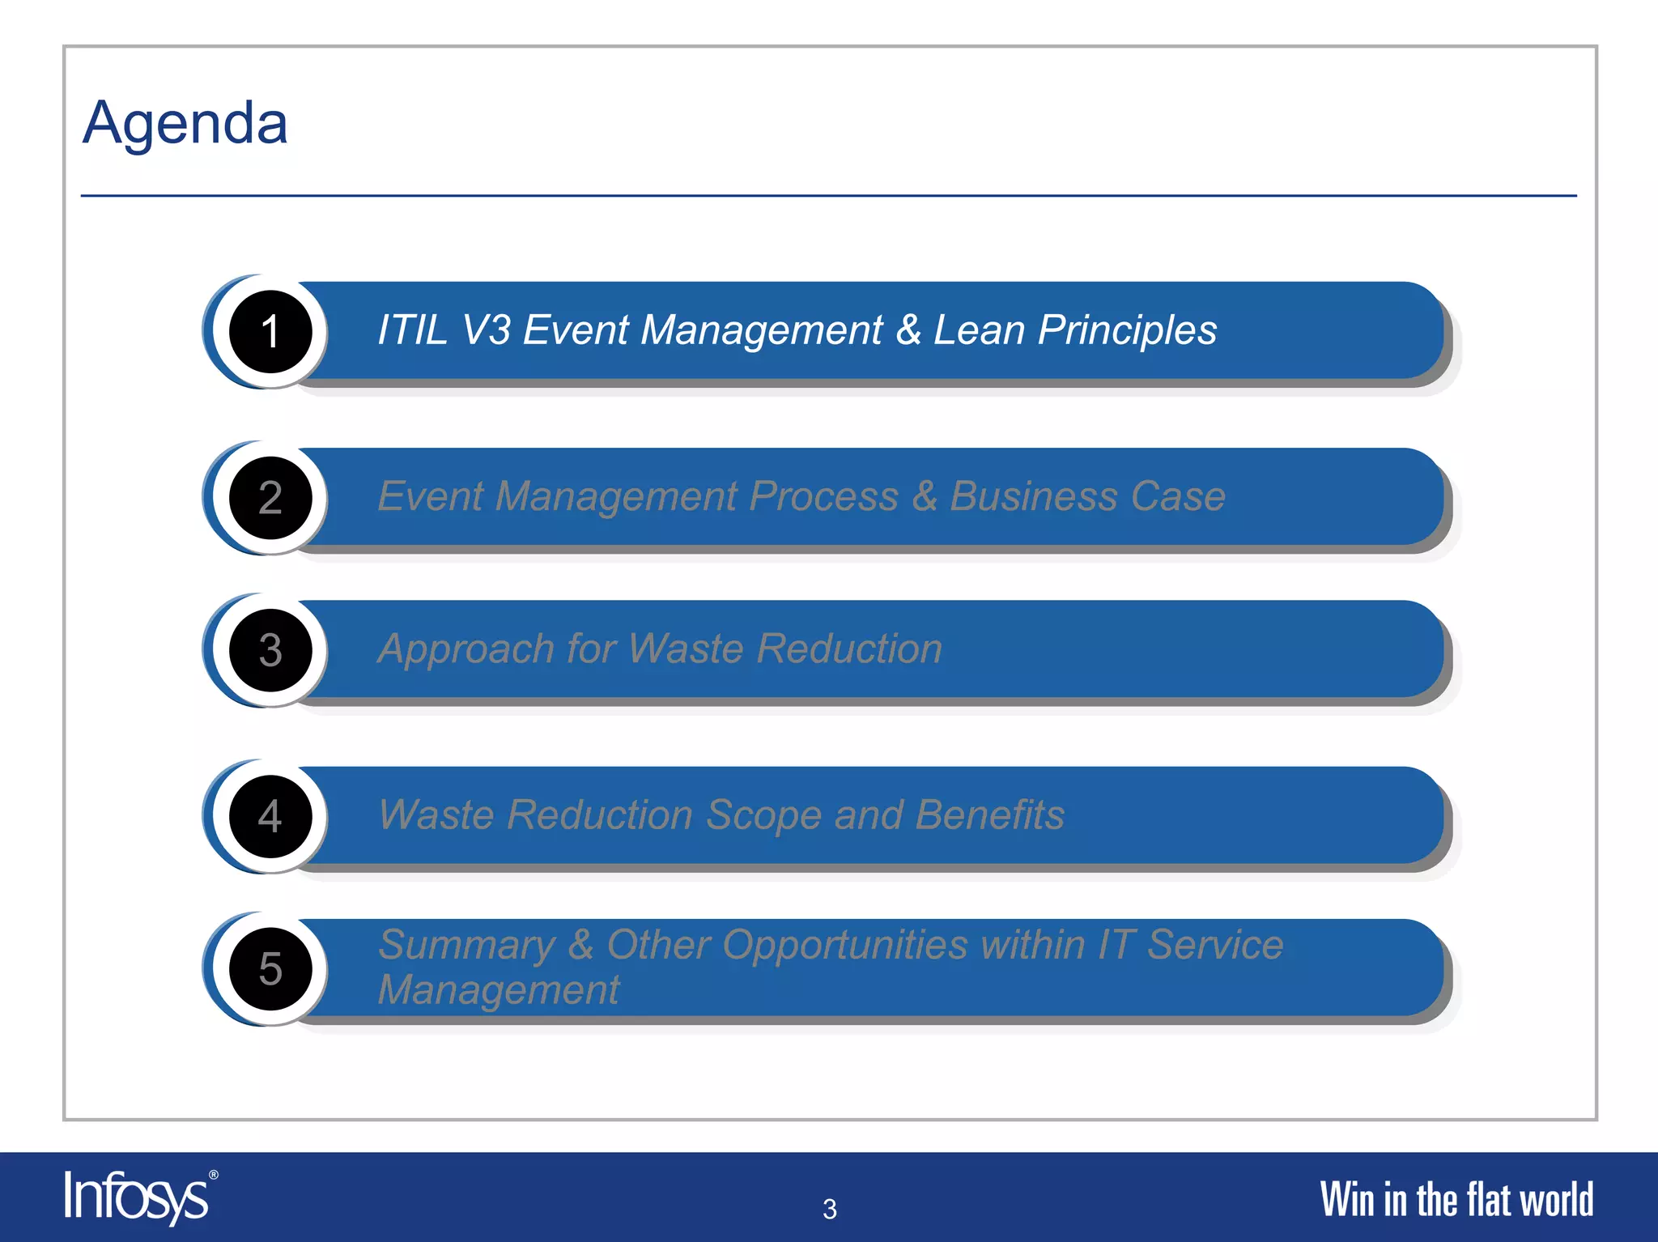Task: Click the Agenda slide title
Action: pos(185,123)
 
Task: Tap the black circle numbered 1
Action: pos(270,331)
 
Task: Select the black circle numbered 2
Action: pos(270,497)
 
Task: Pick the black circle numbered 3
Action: pos(270,650)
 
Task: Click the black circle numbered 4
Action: pos(270,816)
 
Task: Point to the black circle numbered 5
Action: pos(270,968)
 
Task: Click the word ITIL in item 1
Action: pos(412,330)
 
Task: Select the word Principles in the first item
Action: pos(1127,330)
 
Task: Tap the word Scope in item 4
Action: pos(763,815)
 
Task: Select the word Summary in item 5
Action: pos(466,945)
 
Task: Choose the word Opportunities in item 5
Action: pos(845,945)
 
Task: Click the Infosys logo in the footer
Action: pos(136,1197)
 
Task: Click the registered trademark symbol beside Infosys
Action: pos(214,1175)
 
